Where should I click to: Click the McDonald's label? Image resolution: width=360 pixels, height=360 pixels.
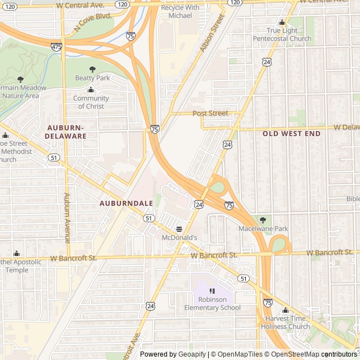click(179, 238)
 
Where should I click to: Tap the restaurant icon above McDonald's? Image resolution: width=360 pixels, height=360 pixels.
click(179, 229)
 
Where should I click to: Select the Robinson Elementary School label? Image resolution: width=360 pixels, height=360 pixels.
click(212, 304)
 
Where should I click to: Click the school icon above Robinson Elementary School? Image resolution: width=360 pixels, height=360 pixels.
click(212, 291)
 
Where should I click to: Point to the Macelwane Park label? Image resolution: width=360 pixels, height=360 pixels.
click(263, 229)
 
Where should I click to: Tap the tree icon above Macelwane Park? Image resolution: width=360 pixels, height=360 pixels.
click(263, 220)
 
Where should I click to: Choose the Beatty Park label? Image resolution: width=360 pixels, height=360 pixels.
click(93, 78)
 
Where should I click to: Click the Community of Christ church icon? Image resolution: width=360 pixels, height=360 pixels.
click(91, 90)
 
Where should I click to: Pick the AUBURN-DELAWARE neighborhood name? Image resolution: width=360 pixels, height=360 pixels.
click(67, 132)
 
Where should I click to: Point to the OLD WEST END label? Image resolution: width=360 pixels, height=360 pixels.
click(291, 134)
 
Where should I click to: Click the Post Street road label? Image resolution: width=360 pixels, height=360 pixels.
click(210, 114)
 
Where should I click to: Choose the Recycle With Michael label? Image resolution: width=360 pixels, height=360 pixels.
click(180, 11)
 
